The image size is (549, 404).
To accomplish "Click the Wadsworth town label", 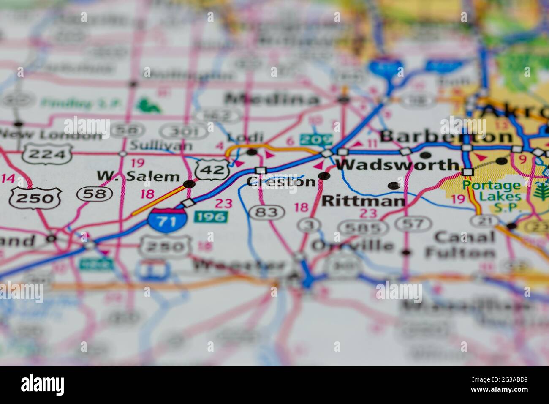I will coord(397,165).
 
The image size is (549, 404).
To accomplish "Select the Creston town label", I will coord(281,182).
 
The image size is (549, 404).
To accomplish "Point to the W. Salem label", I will coord(138,176).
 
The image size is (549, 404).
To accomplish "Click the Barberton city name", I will coord(446,136).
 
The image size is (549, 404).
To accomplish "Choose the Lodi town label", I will coord(245,137).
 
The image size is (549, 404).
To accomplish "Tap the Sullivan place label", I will coord(161,146).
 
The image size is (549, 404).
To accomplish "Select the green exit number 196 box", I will coord(211,217).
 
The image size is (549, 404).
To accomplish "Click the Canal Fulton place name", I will coord(460,245).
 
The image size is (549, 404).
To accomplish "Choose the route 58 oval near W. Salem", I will coord(95,194).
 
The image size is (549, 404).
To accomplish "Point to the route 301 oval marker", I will coord(185,131).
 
